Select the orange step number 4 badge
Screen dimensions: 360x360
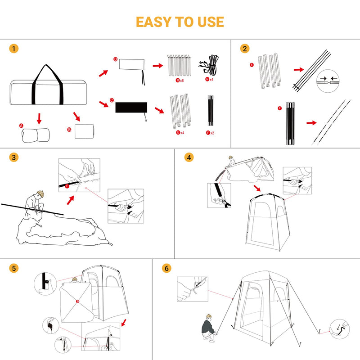(x=189, y=157)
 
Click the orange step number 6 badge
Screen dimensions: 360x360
(x=167, y=268)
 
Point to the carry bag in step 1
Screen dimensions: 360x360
(x=47, y=90)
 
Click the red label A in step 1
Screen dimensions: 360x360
(x=21, y=125)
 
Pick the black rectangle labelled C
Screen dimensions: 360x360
(x=131, y=107)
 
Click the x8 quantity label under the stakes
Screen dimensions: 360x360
(x=182, y=80)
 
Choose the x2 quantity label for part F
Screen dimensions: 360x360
(x=211, y=133)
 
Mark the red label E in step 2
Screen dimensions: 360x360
(x=252, y=65)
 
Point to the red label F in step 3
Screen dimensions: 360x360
(x=67, y=184)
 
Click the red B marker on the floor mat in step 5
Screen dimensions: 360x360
(x=77, y=301)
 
